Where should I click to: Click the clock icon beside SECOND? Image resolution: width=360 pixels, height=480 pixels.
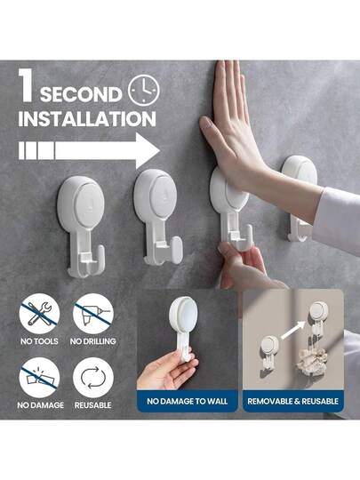144,91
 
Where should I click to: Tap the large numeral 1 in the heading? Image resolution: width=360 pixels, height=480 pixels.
25,84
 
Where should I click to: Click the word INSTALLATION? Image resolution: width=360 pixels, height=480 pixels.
87,118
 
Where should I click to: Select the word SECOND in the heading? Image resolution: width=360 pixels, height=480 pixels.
81,94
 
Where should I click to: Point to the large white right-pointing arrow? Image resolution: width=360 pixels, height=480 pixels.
89,150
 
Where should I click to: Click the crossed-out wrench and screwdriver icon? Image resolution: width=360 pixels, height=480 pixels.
39,314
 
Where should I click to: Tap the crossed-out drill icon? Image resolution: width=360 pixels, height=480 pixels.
93,314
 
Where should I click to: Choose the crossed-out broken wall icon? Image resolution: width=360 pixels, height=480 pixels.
39,378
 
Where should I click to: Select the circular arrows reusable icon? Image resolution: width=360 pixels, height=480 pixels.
93,378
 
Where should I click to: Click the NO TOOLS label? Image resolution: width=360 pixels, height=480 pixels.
39,341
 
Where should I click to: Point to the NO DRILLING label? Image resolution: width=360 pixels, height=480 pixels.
93,341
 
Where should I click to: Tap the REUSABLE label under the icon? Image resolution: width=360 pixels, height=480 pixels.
93,405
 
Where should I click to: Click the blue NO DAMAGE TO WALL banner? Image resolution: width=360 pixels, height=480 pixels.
187,401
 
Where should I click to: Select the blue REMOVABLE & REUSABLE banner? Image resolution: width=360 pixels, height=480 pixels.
293,401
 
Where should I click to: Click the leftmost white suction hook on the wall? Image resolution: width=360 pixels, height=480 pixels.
82,227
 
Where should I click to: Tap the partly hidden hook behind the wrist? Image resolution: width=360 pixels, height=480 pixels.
299,198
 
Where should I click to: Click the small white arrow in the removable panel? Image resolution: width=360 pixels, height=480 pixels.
293,330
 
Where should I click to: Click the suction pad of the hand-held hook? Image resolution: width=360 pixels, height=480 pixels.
184,314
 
